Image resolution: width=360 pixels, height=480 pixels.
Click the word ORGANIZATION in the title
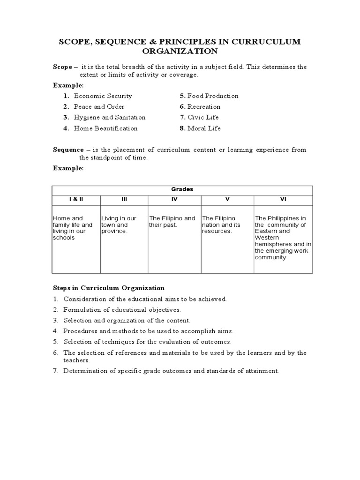pos(180,51)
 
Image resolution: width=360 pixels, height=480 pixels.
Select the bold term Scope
pos(62,67)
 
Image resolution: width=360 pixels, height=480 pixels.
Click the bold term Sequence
pos(68,150)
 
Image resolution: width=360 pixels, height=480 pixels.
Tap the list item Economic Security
pos(103,96)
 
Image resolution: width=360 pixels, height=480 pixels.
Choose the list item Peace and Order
pos(99,107)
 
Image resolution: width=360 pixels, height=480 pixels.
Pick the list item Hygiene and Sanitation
pos(110,118)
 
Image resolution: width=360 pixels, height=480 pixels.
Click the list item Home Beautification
pos(105,128)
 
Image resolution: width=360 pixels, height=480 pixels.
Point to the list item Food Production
pos(213,96)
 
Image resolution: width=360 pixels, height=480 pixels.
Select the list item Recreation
pos(204,107)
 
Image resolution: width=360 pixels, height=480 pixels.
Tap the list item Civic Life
pos(203,118)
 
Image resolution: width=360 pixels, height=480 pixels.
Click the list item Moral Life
pos(204,128)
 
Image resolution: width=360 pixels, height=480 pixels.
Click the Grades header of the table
pos(182,189)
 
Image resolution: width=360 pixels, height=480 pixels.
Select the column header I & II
pos(76,199)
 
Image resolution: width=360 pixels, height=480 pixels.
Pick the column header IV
pos(174,199)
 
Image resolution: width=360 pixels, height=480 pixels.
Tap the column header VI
pos(283,199)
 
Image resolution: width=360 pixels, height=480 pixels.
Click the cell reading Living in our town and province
pos(119,225)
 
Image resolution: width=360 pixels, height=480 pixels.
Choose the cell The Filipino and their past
pos(172,222)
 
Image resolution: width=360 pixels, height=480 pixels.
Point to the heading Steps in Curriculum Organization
pos(108,288)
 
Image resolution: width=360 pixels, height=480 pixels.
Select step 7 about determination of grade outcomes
pos(171,371)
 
